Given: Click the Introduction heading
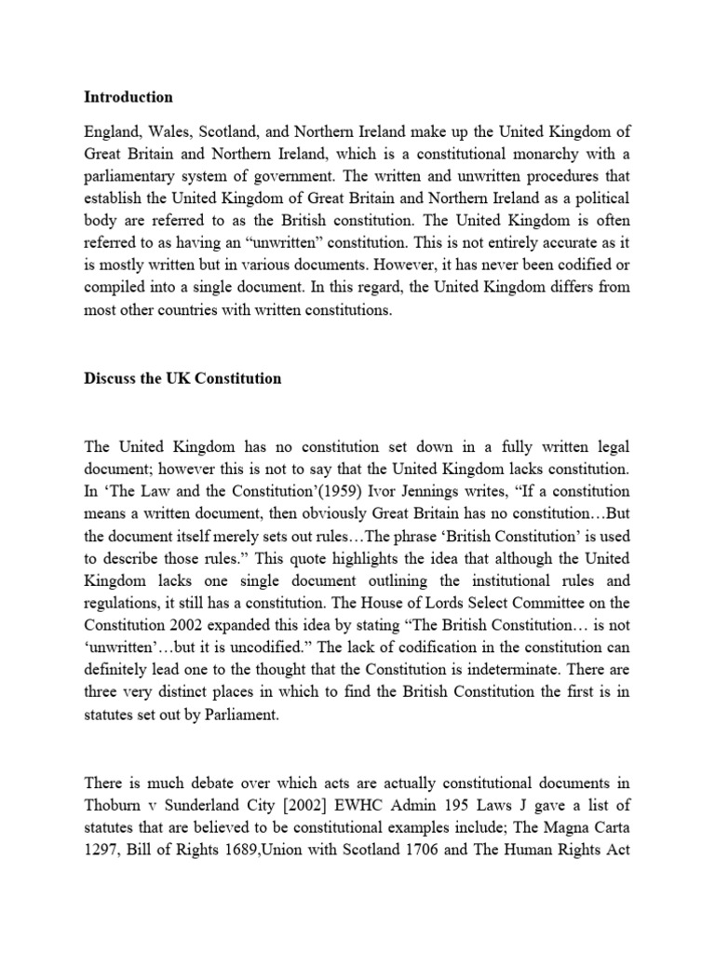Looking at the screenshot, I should [128, 97].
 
